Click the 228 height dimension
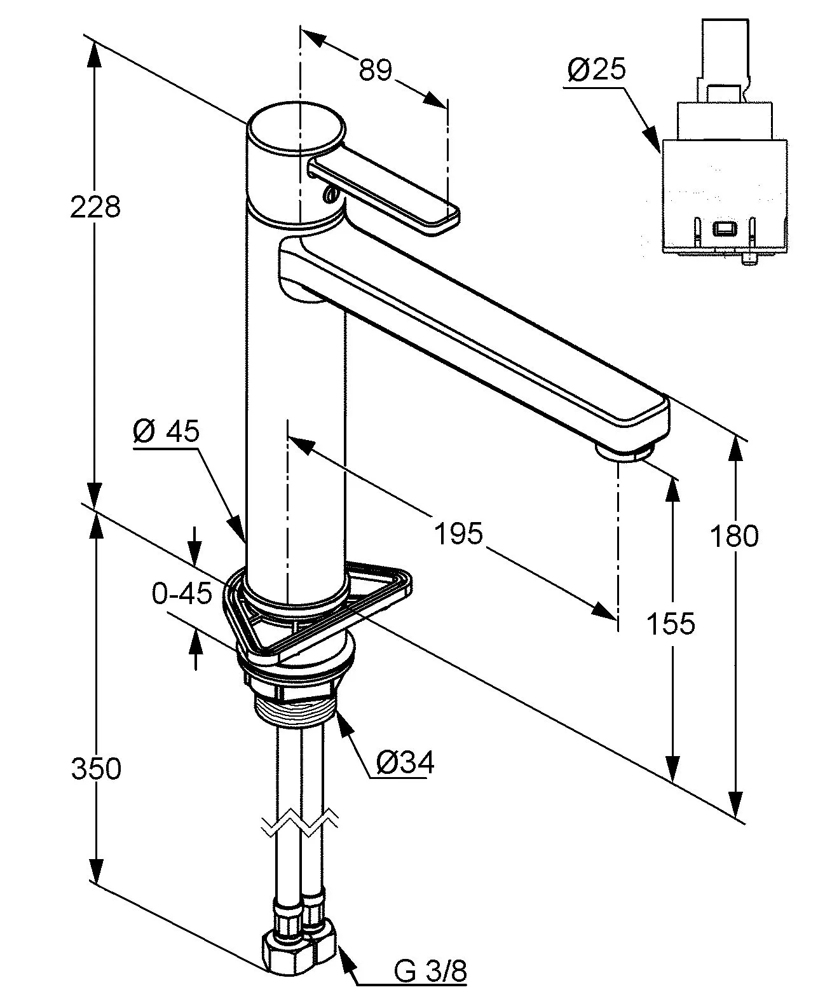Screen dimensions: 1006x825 (x=95, y=207)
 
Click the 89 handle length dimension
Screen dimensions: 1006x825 (x=375, y=69)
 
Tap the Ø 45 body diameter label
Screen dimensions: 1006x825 (x=167, y=432)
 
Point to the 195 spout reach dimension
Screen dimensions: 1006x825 (x=458, y=533)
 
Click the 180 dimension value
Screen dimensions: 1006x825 (x=733, y=536)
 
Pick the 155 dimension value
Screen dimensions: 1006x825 (x=671, y=623)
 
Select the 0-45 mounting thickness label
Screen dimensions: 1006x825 (x=181, y=595)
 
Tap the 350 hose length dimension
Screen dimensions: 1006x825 (x=95, y=769)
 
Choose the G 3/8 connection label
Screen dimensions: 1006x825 (x=430, y=989)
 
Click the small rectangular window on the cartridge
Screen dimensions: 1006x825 (x=724, y=228)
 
